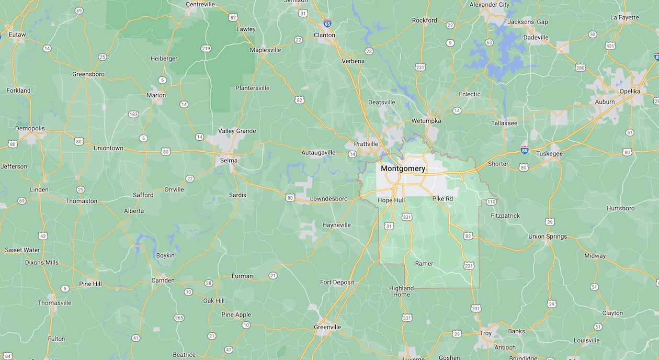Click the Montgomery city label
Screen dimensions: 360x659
[403, 169]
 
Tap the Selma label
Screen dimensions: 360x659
[229, 161]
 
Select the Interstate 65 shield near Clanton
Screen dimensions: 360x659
[327, 24]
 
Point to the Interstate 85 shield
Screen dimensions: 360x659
[525, 150]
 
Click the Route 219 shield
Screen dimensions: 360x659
[206, 49]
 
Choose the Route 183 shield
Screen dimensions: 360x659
[133, 114]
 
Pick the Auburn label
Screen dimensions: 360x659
[605, 102]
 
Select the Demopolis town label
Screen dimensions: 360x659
[30, 128]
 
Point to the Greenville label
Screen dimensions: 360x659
[327, 327]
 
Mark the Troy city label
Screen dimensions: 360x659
[485, 333]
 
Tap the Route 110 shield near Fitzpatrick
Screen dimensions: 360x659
[491, 202]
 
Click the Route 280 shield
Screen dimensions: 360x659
[580, 67]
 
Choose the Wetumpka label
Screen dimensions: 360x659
[426, 121]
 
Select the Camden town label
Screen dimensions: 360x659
[163, 280]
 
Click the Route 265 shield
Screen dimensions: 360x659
[179, 318]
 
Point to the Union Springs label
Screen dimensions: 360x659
[547, 237]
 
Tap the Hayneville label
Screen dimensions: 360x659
[336, 225]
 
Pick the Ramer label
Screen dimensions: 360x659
[424, 263]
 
